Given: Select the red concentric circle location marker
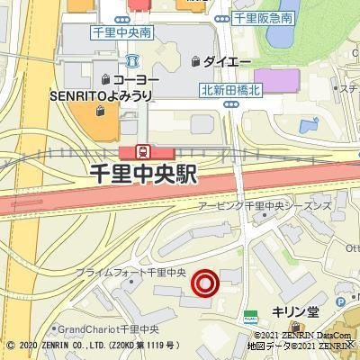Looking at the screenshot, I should [206, 284].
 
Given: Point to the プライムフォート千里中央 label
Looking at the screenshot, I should [130, 271].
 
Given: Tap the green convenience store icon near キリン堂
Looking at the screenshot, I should [250, 316].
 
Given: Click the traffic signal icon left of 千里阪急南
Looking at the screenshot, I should [221, 18].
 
